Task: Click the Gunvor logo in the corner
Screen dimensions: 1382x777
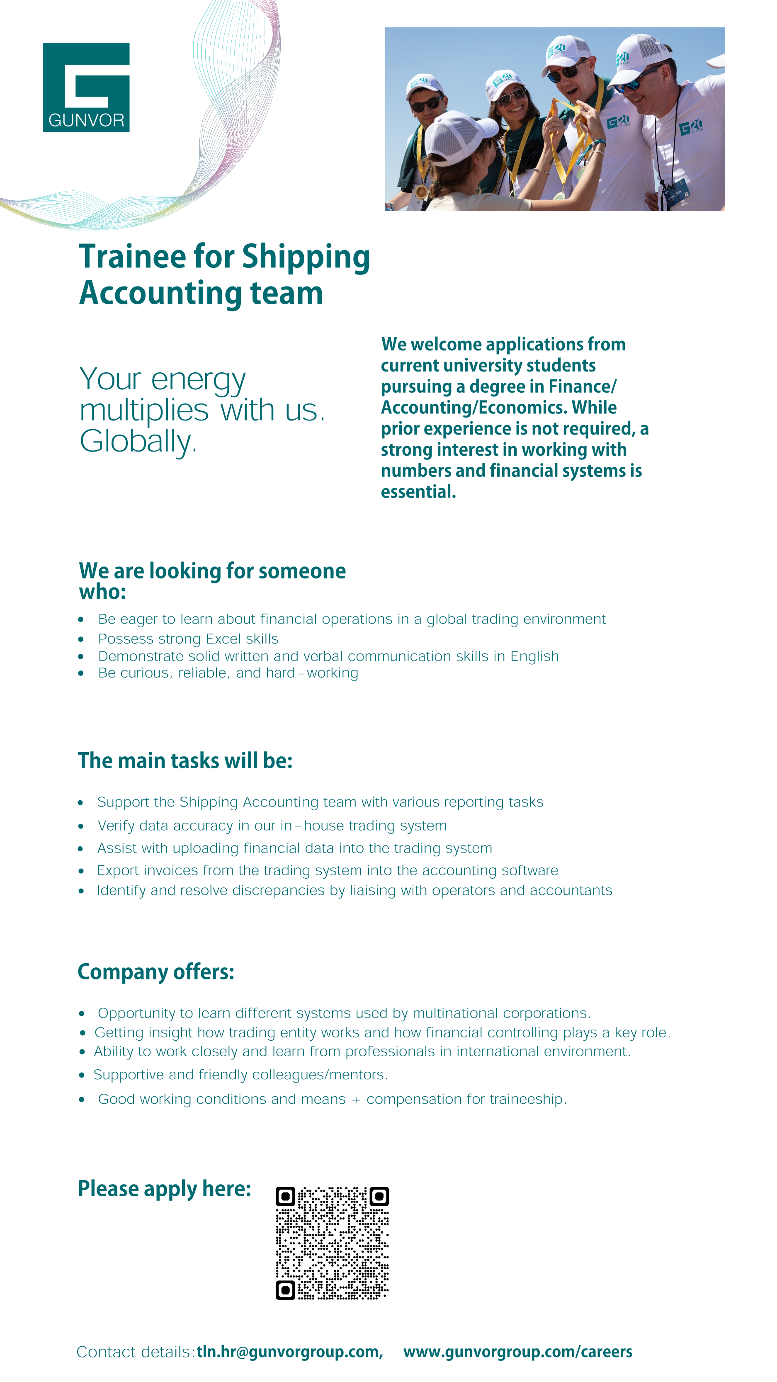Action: click(86, 87)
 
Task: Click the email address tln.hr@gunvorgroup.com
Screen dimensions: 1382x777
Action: click(289, 1351)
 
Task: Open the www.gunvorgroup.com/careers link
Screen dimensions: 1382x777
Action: click(517, 1351)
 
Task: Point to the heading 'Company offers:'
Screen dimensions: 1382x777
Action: click(156, 972)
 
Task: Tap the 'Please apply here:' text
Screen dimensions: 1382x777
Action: click(164, 1188)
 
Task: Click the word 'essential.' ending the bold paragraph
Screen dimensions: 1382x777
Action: click(418, 491)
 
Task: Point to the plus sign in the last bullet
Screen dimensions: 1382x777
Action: click(356, 1099)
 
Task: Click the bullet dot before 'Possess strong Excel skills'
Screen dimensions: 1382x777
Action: click(81, 639)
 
